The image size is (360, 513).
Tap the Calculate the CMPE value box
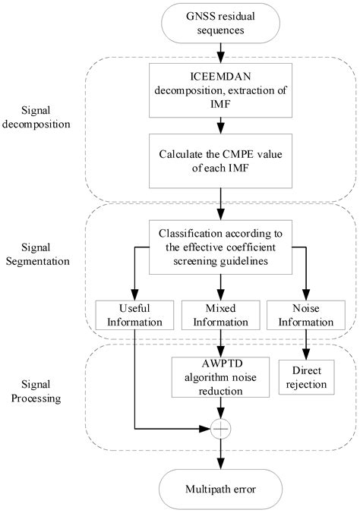pyautogui.click(x=220, y=160)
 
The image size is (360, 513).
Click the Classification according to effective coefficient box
pyautogui.click(x=220, y=247)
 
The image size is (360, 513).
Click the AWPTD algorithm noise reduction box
pyautogui.click(x=220, y=376)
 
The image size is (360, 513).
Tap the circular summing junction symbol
pyautogui.click(x=220, y=428)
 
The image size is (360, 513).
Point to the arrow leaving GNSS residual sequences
pyautogui.click(x=220, y=52)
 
